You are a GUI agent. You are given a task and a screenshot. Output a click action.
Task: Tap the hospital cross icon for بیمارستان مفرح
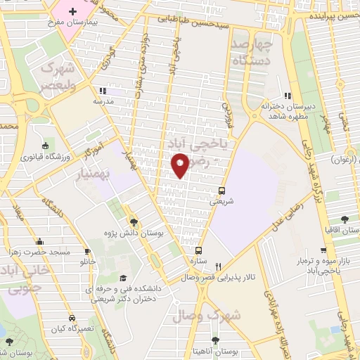pyautogui.click(x=73, y=11)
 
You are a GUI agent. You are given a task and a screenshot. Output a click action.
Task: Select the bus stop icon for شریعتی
pyautogui.click(x=221, y=190)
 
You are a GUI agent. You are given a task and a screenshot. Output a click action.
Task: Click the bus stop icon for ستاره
pyautogui.click(x=199, y=250)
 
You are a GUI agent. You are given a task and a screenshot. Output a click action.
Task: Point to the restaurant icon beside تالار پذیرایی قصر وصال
pyautogui.click(x=219, y=266)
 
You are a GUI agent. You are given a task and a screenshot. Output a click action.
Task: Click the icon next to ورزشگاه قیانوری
pyautogui.click(x=46, y=142)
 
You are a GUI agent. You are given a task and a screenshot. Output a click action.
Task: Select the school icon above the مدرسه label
pyautogui.click(x=103, y=91)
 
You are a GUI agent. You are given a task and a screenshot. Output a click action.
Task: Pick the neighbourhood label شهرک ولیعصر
pyautogui.click(x=57, y=75)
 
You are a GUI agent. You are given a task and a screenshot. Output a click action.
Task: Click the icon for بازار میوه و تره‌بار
pyautogui.click(x=324, y=250)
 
